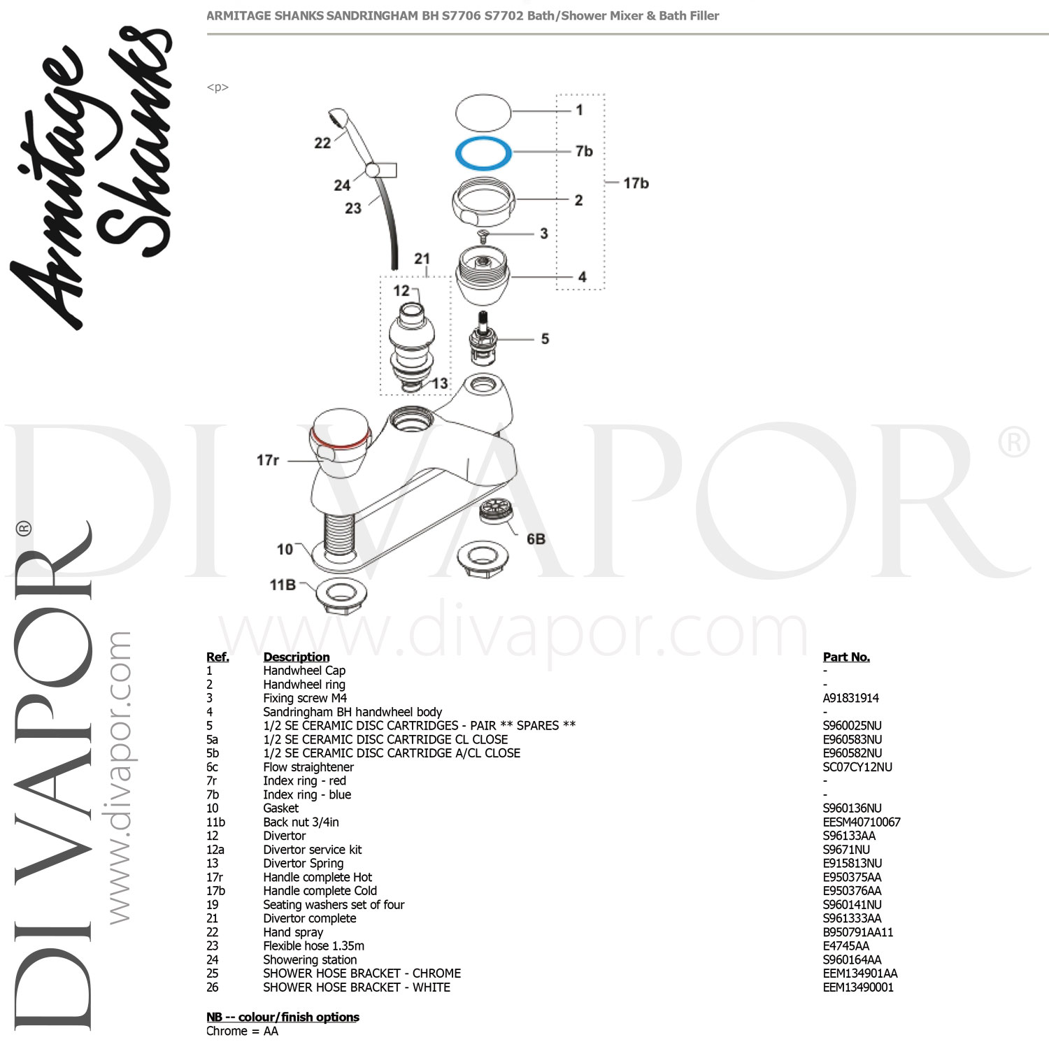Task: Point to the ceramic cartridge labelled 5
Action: click(481, 339)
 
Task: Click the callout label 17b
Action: click(636, 183)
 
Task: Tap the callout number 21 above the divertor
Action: click(422, 259)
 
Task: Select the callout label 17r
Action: click(268, 460)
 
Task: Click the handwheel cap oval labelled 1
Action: click(483, 113)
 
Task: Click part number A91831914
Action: click(850, 698)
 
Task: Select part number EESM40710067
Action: click(862, 822)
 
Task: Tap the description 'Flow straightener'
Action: click(308, 767)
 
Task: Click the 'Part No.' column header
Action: click(846, 657)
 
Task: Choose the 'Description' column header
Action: click(296, 657)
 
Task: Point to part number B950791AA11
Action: click(857, 932)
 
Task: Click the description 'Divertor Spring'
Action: click(303, 863)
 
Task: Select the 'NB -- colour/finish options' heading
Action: click(283, 1017)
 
